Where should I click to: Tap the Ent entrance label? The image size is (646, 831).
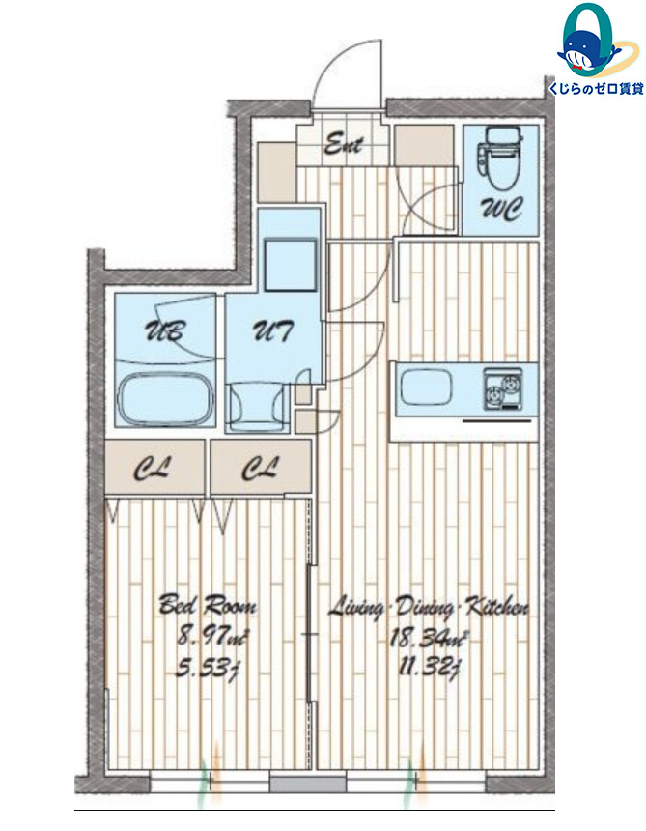coord(343,144)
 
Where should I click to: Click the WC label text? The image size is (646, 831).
coord(501,210)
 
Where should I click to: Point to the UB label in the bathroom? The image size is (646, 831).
coord(165,331)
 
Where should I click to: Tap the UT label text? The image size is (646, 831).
coord(271,331)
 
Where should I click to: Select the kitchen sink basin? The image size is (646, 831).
coord(427,387)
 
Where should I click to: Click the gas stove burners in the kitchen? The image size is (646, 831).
coord(502,389)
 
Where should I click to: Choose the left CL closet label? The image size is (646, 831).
coord(153,469)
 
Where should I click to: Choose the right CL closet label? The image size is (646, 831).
coord(260,469)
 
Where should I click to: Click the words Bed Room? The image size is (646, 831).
coord(208,605)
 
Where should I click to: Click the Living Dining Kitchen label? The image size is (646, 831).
coord(428,608)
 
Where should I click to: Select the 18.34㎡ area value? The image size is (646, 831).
coord(429,637)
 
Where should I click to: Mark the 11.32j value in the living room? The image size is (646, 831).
coord(428,666)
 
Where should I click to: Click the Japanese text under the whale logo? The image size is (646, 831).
coord(596,89)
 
